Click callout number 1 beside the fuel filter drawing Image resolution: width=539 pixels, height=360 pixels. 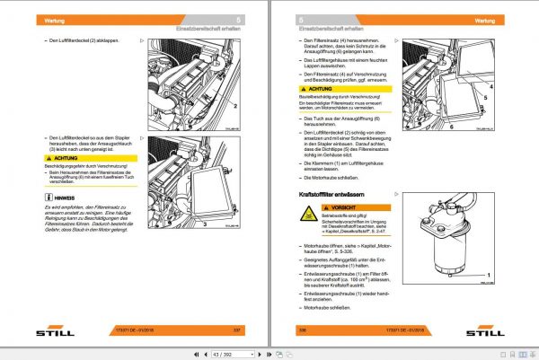point(490,273)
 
